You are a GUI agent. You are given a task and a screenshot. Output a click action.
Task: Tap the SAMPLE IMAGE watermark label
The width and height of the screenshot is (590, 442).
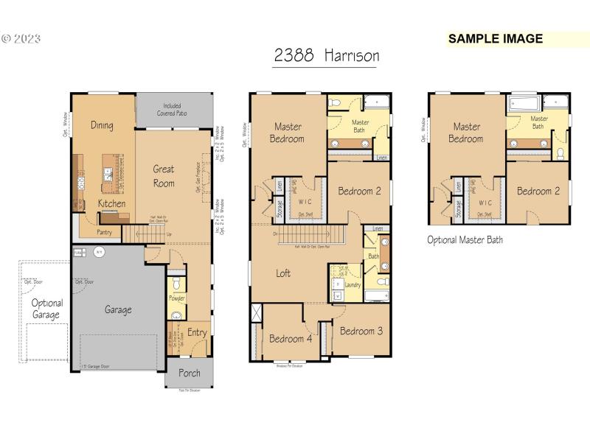point(496,39)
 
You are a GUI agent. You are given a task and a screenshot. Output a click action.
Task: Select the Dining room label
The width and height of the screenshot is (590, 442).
point(102,125)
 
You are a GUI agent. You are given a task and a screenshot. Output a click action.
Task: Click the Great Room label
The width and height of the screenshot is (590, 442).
point(164,176)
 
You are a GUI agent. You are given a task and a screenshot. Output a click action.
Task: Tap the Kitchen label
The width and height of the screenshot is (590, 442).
point(111,203)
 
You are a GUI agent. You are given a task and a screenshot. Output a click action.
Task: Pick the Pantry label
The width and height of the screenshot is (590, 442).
point(104,232)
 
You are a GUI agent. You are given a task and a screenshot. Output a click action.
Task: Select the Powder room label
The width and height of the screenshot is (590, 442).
point(177,298)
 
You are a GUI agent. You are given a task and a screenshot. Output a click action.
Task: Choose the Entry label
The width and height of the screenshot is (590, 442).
point(197,333)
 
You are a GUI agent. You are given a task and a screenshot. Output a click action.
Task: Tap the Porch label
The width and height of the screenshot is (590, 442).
point(189,373)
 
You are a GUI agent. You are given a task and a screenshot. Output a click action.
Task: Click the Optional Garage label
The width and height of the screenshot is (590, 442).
point(47,309)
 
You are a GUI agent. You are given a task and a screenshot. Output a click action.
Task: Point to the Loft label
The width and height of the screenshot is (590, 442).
point(283,273)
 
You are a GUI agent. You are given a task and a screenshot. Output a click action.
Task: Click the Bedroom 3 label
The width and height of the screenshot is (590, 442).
point(360,331)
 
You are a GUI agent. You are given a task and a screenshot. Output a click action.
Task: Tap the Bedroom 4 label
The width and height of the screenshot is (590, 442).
point(290,339)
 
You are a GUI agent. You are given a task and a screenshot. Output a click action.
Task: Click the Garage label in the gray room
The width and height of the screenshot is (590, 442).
point(118,310)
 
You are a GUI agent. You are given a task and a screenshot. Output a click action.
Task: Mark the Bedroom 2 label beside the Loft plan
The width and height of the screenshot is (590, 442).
point(359,192)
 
